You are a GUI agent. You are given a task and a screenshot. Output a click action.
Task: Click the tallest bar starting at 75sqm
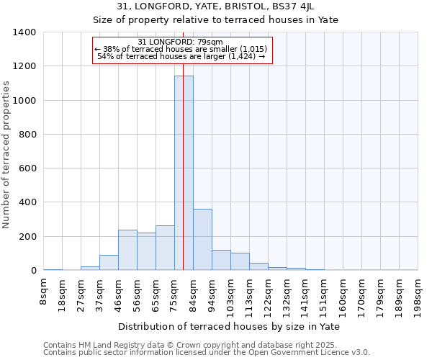tap(184, 173)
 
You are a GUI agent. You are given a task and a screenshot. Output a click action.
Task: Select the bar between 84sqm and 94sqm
tap(202, 240)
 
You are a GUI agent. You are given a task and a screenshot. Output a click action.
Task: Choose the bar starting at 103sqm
tap(240, 262)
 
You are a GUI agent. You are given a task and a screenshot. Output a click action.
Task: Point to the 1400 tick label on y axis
tap(24, 32)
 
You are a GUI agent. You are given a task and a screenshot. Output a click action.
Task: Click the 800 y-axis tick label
tap(27, 135)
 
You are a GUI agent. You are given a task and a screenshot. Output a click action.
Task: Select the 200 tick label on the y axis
tap(27, 237)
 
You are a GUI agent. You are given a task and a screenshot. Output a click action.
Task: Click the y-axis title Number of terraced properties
tap(6, 154)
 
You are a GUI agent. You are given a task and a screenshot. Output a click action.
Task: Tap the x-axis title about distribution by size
tap(229, 326)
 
